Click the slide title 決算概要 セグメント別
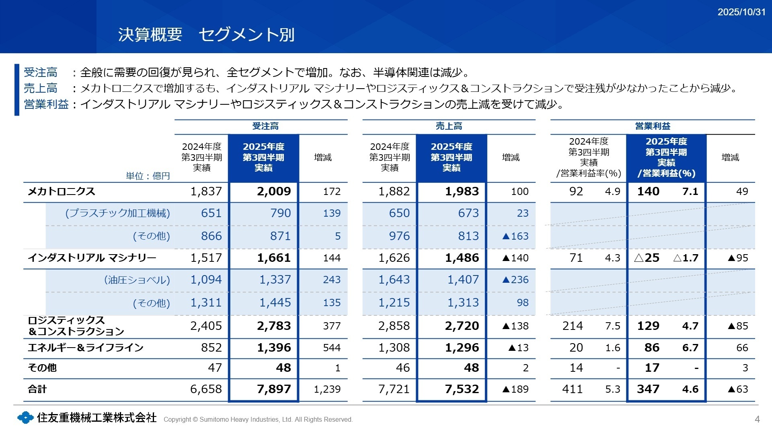point(206,35)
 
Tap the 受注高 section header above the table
point(265,126)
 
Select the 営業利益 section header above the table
point(652,126)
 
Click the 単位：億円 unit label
point(148,176)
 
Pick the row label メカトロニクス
point(61,191)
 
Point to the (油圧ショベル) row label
point(137,280)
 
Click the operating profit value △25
point(647,258)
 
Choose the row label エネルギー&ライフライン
point(85,348)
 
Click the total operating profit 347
point(648,389)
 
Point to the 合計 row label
point(37,389)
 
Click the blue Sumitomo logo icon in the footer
point(25,418)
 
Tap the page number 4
point(757,419)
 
